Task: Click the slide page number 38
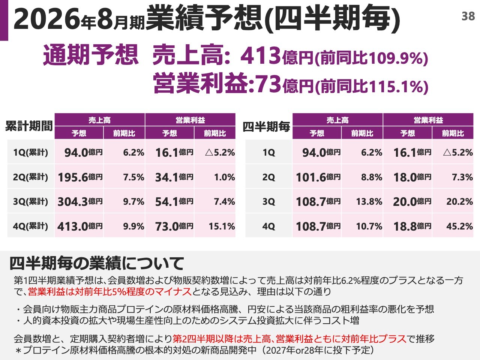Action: tap(468, 16)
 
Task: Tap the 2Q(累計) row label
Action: tap(31, 177)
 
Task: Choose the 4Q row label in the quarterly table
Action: tap(268, 226)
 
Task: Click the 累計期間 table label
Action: tap(29, 126)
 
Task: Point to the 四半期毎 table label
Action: tap(266, 127)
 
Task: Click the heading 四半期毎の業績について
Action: tap(96, 263)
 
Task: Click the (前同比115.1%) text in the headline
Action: tap(371, 86)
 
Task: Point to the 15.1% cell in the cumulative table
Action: tap(222, 226)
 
